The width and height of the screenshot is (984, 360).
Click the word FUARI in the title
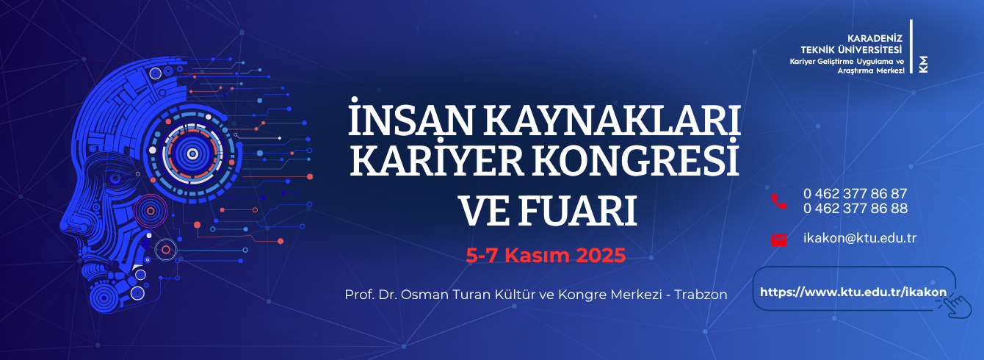578,211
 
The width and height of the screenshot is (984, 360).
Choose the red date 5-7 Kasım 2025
546,256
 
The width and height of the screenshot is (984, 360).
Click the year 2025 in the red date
601,256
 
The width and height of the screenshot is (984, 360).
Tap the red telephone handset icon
779,201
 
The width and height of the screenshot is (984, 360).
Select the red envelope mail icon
779,240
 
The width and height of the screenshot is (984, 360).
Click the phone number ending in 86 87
855,193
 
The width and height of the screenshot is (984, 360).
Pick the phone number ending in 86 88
855,209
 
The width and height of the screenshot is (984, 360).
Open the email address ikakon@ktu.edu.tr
860,238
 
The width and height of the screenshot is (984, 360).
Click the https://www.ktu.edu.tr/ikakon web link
853,292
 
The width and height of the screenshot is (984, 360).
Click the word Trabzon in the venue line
701,295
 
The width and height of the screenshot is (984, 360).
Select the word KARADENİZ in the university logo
875,39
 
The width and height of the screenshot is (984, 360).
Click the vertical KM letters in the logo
923,64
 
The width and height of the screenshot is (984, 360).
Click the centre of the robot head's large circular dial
192,154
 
